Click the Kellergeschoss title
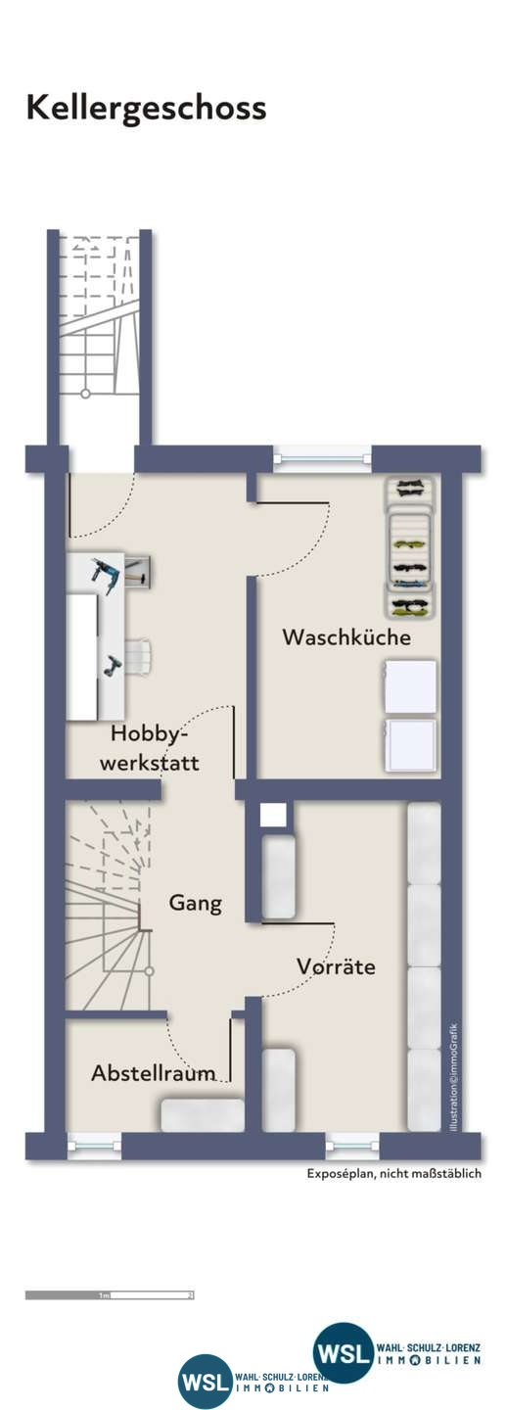pyautogui.click(x=146, y=108)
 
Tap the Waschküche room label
pyautogui.click(x=346, y=637)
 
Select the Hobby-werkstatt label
pyautogui.click(x=155, y=748)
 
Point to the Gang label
pyautogui.click(x=195, y=903)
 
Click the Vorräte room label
pyautogui.click(x=336, y=966)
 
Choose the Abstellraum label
pyautogui.click(x=153, y=1073)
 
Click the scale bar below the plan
pyautogui.click(x=110, y=1294)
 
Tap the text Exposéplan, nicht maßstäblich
pyautogui.click(x=393, y=1174)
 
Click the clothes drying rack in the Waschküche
pyautogui.click(x=410, y=548)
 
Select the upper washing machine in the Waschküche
pyautogui.click(x=410, y=686)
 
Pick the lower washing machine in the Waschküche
pyautogui.click(x=410, y=747)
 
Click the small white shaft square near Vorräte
pyautogui.click(x=274, y=814)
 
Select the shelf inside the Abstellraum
pyautogui.click(x=203, y=1115)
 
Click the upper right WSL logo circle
pyautogui.click(x=344, y=1352)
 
